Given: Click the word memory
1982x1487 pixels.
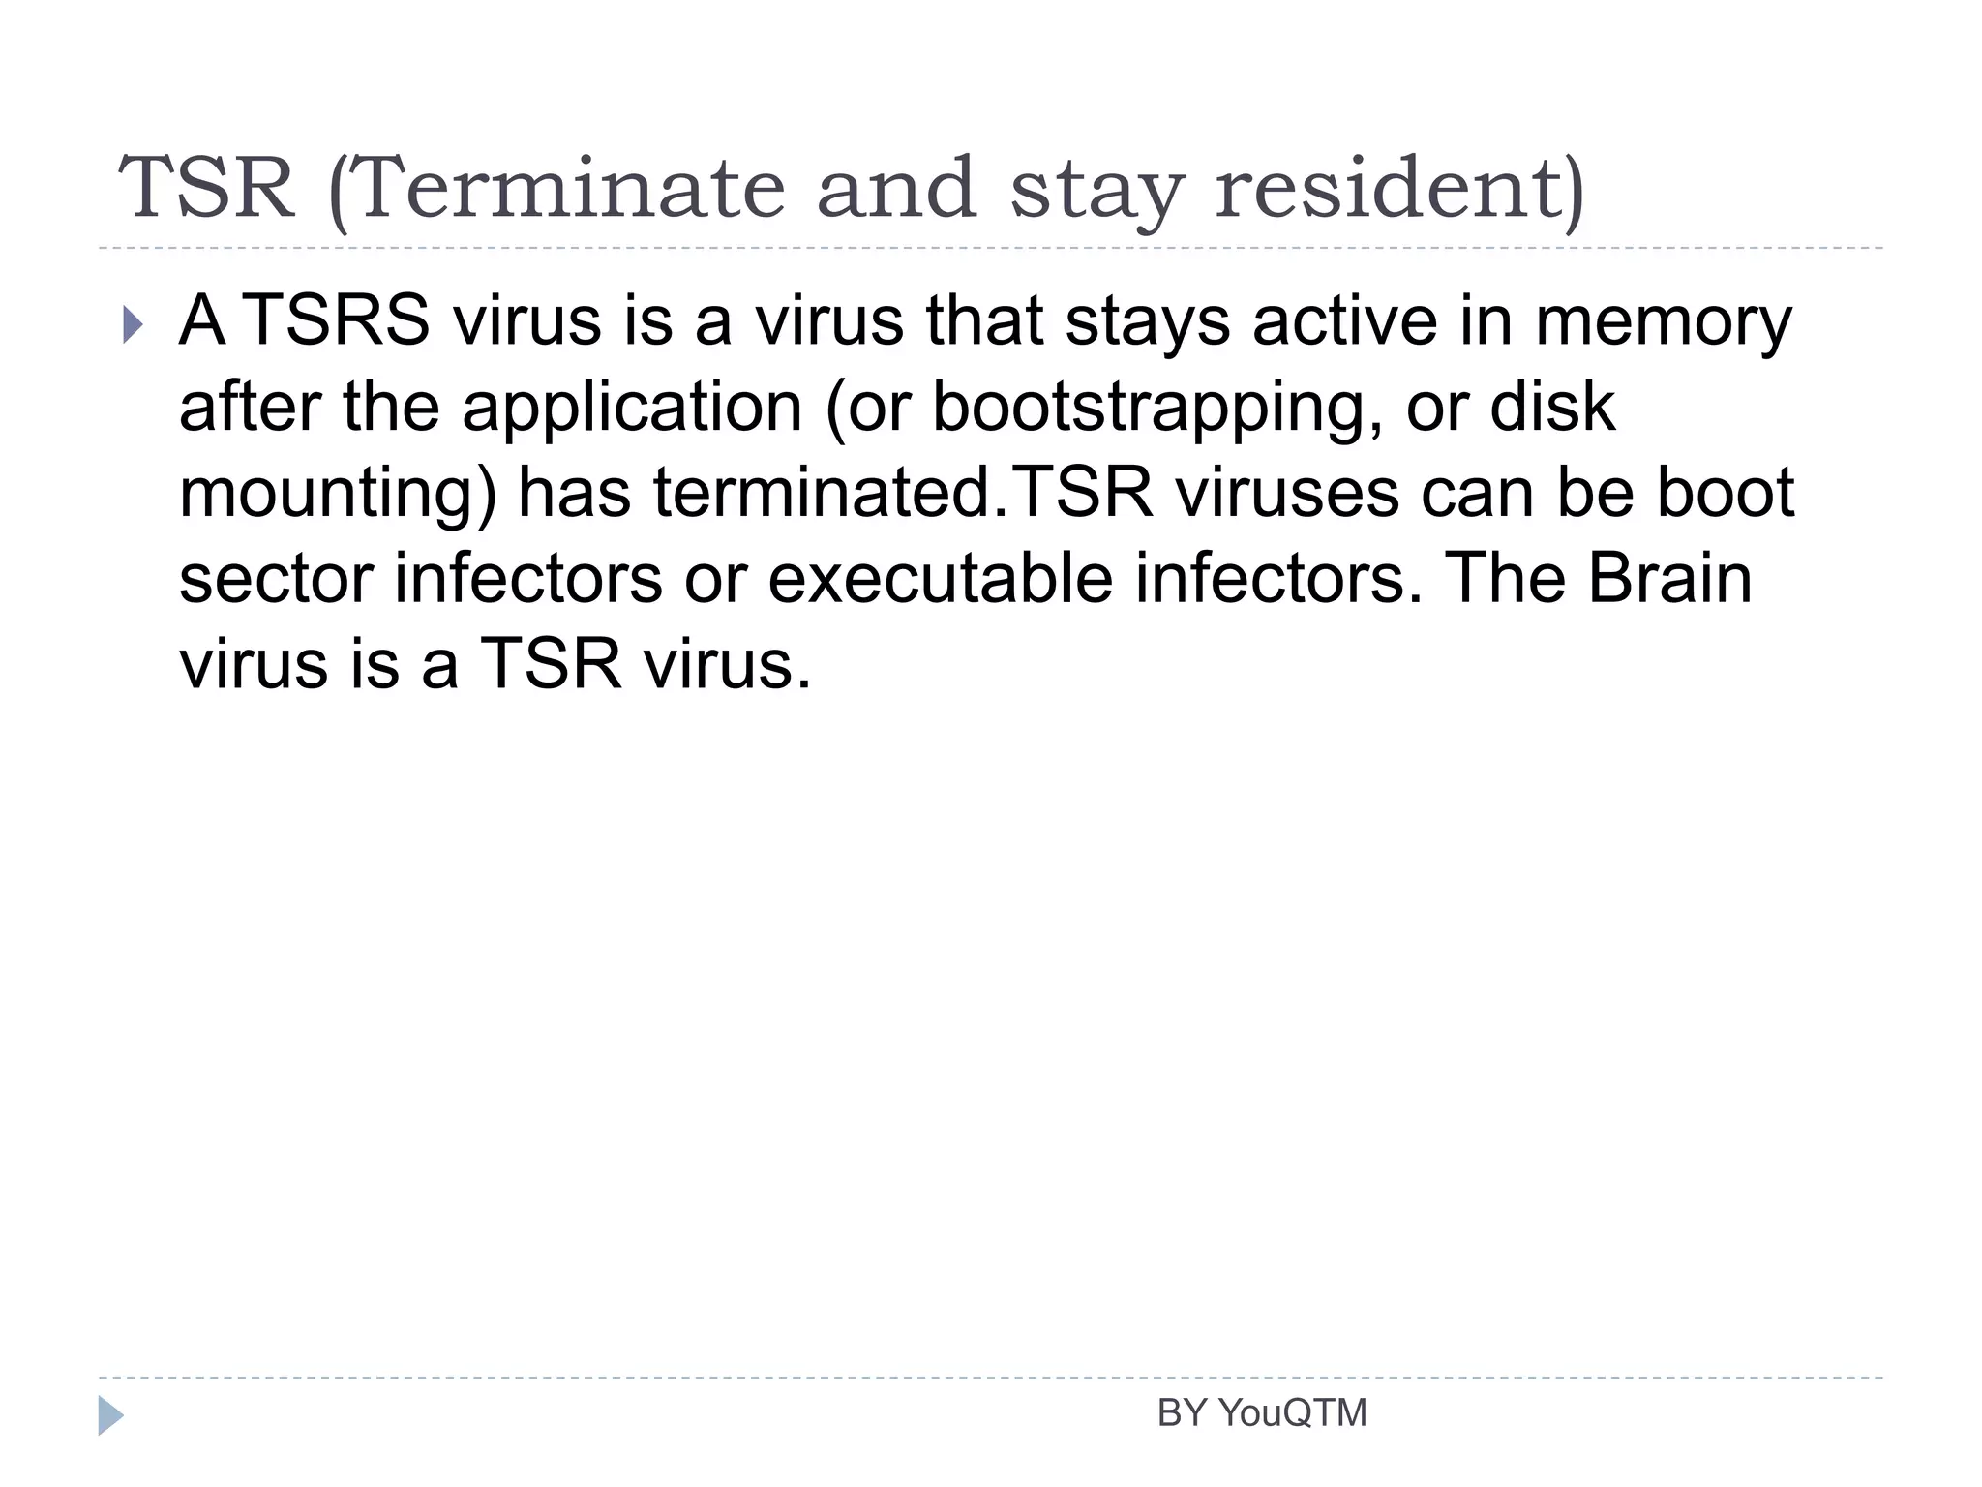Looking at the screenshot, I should (x=1663, y=321).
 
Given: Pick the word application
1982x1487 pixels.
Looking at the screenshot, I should (x=632, y=408).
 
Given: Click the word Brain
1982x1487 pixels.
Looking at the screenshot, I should (x=1669, y=578).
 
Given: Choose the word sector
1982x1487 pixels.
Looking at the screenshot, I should (x=276, y=578).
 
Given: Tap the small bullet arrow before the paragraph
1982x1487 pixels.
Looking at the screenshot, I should (x=133, y=324).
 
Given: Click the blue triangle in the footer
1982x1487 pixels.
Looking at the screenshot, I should (x=110, y=1415).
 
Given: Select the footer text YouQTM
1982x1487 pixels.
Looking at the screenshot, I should (x=1292, y=1413).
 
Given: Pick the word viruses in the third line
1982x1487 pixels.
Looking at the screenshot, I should (x=1287, y=492).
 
